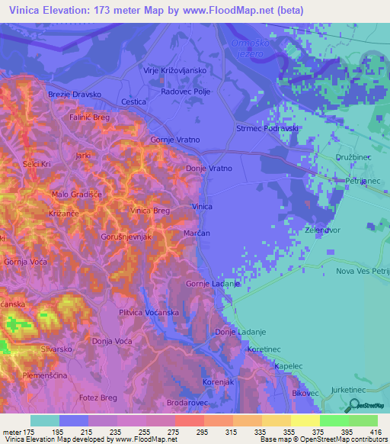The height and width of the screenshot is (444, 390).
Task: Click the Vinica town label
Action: pyautogui.click(x=202, y=207)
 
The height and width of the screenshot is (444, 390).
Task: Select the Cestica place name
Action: pyautogui.click(x=133, y=101)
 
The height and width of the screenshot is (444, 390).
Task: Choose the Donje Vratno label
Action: pyautogui.click(x=209, y=168)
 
